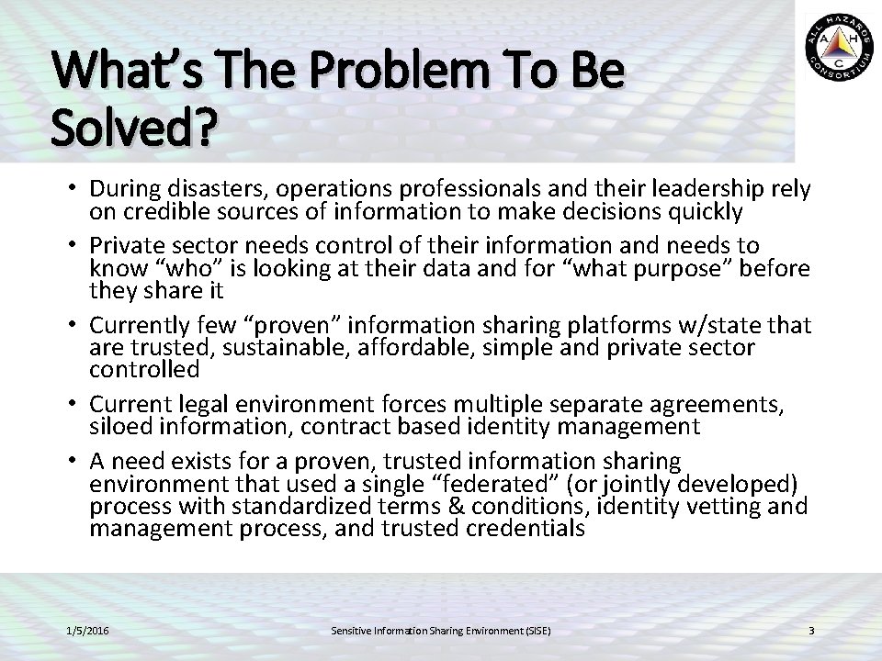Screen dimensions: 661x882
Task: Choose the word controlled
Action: [144, 369]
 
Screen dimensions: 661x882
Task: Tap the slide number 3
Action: [811, 631]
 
